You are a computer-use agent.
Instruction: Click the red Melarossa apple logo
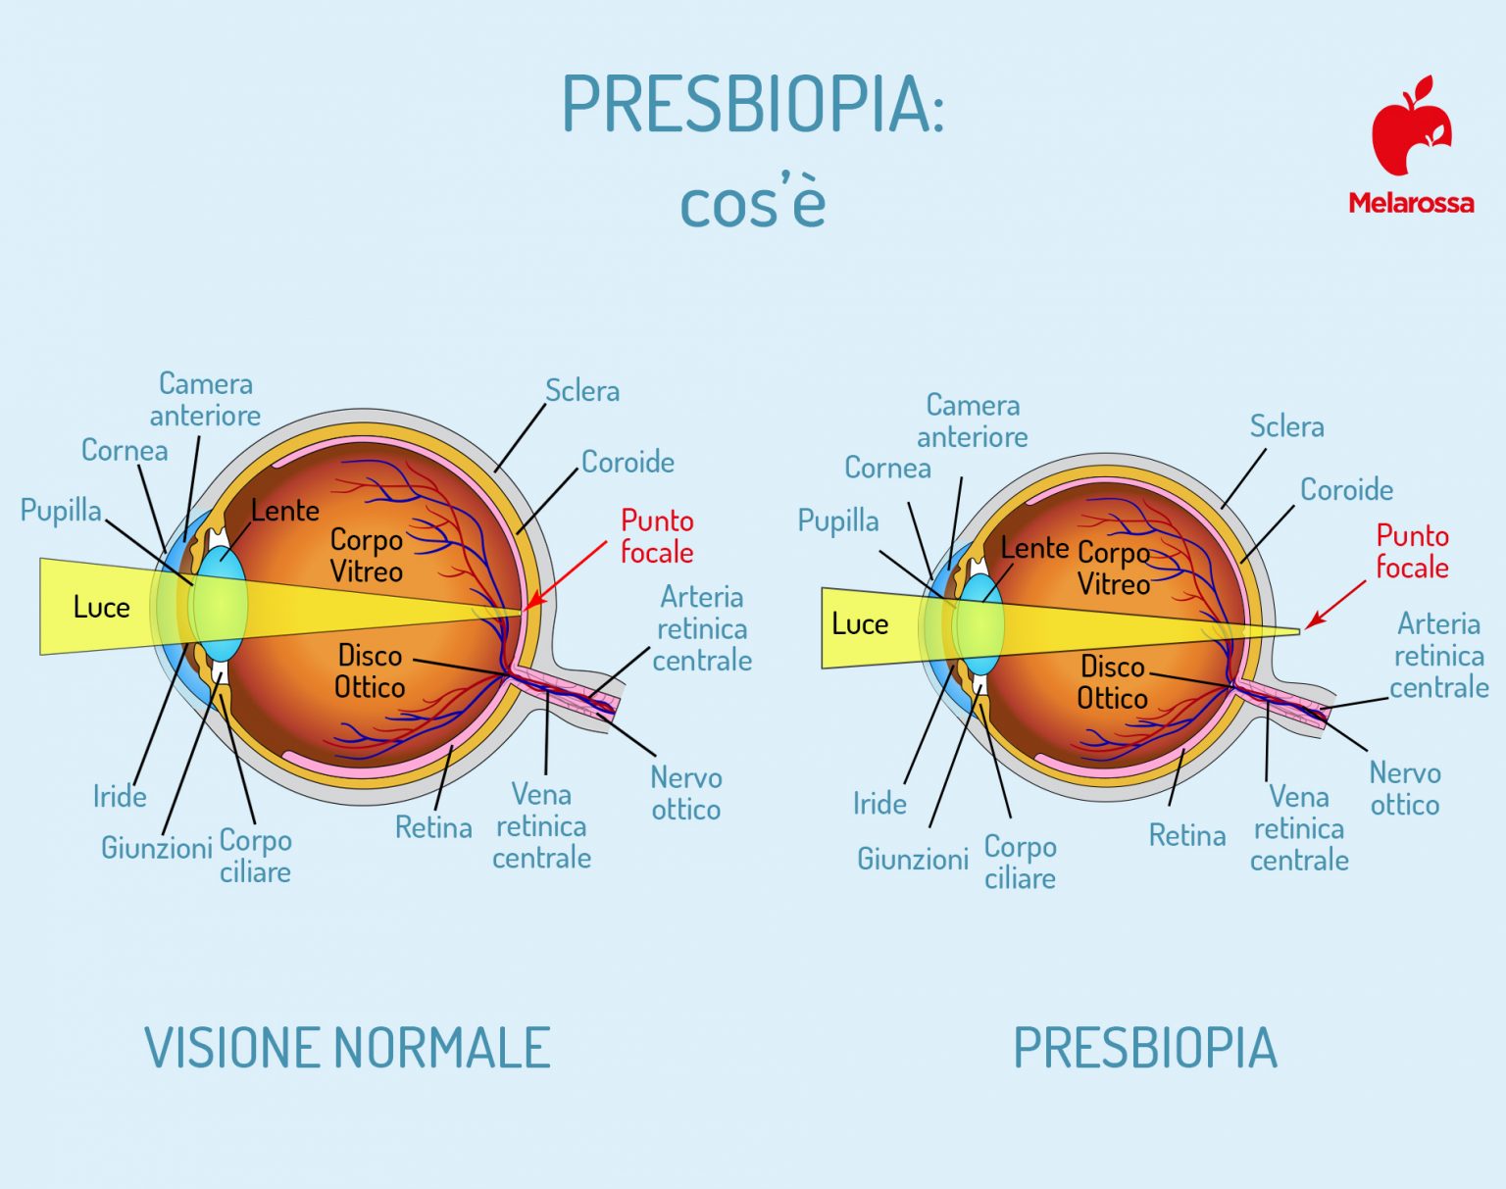pos(1411,126)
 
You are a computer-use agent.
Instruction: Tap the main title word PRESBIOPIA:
pos(753,104)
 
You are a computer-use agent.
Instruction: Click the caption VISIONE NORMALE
pos(347,1047)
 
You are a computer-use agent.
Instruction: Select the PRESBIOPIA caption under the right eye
pos(1145,1047)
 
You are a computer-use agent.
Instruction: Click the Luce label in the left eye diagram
pos(101,608)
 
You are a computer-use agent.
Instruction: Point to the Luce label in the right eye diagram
pos(860,623)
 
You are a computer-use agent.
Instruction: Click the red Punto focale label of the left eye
pos(657,536)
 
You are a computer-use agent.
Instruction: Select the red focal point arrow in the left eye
pos(566,575)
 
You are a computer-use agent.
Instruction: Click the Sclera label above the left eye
pos(582,391)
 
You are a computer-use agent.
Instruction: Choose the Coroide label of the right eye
pos(1346,490)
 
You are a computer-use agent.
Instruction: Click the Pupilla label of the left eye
pos(61,510)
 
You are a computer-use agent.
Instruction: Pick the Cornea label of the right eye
pos(887,468)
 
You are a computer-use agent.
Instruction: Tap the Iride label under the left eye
pos(120,796)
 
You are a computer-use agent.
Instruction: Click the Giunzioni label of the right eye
pos(913,859)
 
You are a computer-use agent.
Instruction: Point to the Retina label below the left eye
pos(433,828)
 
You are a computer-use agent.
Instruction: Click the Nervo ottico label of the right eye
pos(1405,789)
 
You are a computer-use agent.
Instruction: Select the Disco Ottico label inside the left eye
pos(370,671)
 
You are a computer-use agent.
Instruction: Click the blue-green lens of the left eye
pos(220,604)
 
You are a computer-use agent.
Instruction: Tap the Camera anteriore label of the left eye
pos(205,400)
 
